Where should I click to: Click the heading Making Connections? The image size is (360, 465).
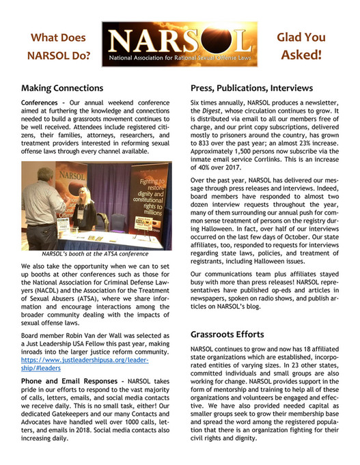[x=62, y=88]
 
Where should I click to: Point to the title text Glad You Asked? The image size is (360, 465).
[x=301, y=45]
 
